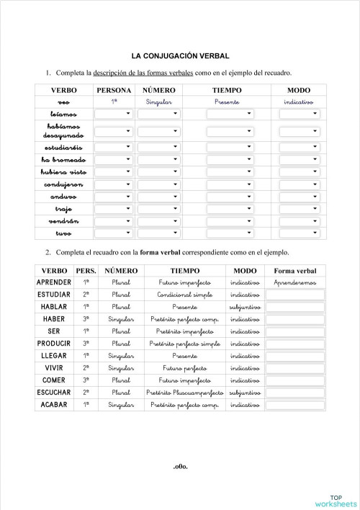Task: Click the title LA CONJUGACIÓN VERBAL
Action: (180, 55)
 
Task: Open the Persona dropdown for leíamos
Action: (114, 114)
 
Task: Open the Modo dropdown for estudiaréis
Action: (299, 147)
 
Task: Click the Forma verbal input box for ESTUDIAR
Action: (295, 295)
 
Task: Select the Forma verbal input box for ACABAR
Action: (295, 405)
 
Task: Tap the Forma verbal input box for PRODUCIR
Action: (295, 344)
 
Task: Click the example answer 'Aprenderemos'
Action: (295, 282)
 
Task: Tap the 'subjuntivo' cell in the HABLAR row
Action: (245, 307)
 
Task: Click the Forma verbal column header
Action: (295, 270)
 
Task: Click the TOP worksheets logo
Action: (336, 499)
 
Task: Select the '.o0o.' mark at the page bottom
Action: (180, 466)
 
